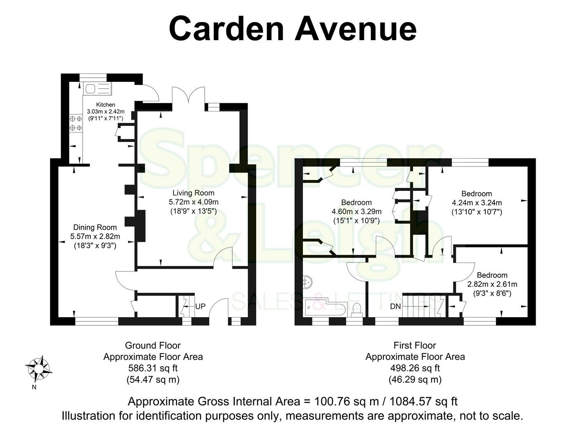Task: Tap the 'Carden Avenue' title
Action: (x=293, y=28)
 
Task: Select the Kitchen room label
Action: (x=105, y=104)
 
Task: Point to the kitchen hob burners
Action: (x=76, y=124)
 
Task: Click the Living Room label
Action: (x=193, y=193)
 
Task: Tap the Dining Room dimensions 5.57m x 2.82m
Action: (x=95, y=237)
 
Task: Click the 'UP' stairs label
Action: (x=201, y=307)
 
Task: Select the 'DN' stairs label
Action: (x=395, y=307)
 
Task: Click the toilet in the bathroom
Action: (x=357, y=309)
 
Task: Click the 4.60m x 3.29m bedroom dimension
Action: (x=357, y=211)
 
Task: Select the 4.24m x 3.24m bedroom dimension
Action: (x=477, y=203)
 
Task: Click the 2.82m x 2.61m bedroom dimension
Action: (x=492, y=284)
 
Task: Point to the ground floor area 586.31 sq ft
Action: (x=153, y=368)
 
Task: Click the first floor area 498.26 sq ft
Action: (x=415, y=368)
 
